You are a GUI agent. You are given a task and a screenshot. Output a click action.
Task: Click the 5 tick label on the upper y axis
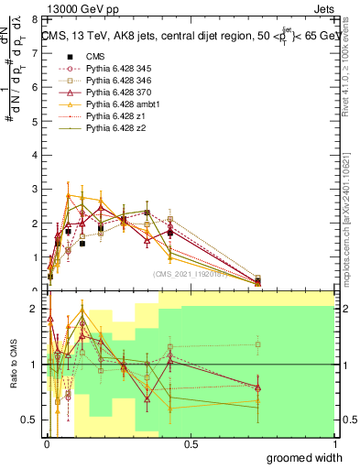coord(33,121)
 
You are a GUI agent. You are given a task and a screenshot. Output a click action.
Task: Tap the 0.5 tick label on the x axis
coord(190,443)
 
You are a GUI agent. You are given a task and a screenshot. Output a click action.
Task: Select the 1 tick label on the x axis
coord(333,443)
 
